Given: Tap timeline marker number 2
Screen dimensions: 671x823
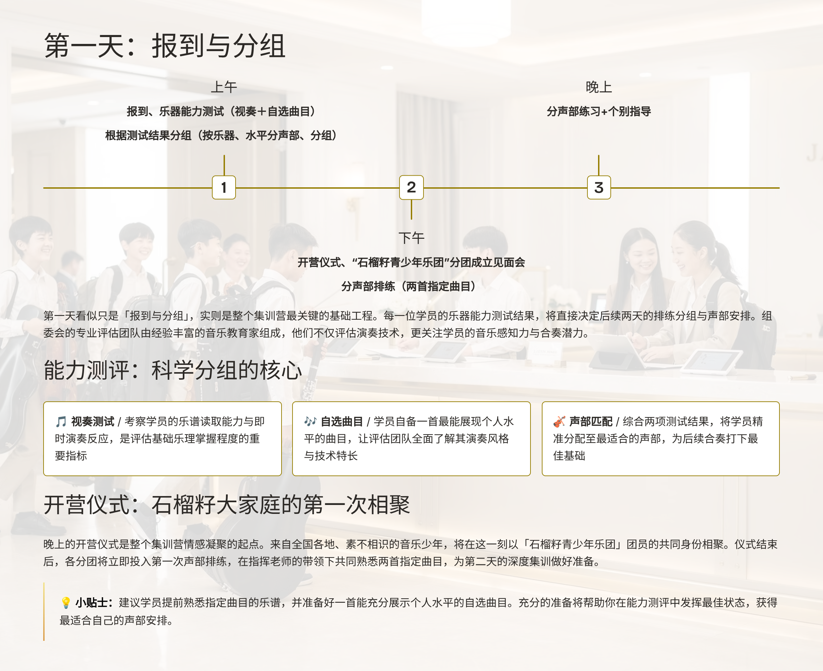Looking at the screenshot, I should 411,187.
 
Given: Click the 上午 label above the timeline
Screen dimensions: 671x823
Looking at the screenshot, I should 224,87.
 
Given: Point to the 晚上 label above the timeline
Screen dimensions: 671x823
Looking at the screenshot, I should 598,87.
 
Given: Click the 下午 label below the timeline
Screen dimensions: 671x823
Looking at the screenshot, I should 411,238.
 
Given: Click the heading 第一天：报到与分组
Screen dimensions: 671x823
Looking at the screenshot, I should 165,46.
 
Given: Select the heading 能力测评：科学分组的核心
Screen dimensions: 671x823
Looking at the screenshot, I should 172,370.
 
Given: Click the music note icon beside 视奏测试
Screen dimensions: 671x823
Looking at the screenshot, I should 61,421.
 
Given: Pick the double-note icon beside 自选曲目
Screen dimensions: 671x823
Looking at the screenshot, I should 310,421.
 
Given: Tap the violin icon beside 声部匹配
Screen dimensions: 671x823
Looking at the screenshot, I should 559,421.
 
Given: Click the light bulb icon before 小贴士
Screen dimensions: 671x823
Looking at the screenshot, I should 66,602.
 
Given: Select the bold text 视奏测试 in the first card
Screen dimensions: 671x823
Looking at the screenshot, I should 93,421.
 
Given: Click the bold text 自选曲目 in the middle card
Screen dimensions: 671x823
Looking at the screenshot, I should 342,421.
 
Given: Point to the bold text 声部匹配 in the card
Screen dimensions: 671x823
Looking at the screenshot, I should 591,421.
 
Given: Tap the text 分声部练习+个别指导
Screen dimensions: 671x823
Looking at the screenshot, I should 598,111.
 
